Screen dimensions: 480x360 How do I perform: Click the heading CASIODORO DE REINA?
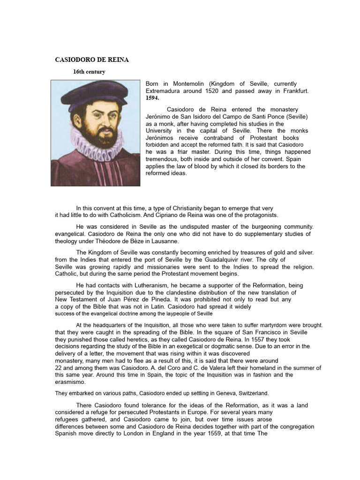92,60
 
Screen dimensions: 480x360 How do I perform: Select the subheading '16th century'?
89,72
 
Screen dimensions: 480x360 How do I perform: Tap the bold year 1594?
152,98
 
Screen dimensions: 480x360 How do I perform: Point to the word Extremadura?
165,90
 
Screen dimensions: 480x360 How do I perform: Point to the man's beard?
105,136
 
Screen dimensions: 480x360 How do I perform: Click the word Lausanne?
165,241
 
